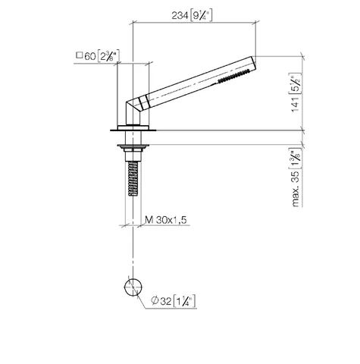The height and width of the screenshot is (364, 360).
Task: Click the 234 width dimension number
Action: [x=180, y=16]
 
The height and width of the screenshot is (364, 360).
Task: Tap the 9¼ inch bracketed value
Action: [x=201, y=16]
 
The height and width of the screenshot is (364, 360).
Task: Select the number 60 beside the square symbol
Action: [x=90, y=56]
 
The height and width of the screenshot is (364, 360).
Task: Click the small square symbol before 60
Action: [x=80, y=55]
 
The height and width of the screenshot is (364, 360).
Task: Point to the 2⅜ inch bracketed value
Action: [x=108, y=56]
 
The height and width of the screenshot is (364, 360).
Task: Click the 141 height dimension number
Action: [x=296, y=104]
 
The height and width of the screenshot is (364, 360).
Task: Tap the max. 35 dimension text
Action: [x=296, y=187]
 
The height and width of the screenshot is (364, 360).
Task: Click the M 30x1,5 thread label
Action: [x=166, y=220]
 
